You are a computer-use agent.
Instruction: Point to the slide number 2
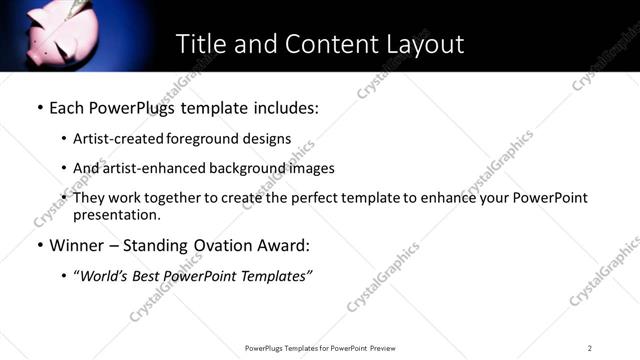pos(590,348)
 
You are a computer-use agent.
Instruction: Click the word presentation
pos(116,214)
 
